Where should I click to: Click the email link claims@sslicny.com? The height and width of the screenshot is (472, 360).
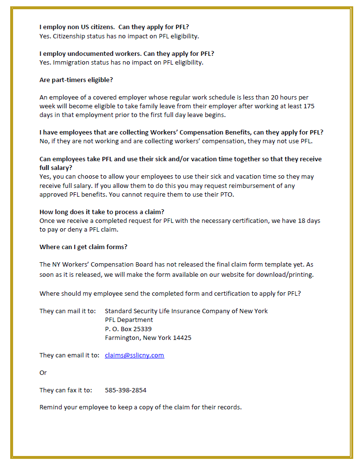[x=134, y=355]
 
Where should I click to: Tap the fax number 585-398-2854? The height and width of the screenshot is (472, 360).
[x=126, y=390]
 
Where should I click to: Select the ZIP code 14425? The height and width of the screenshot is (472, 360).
[x=182, y=337]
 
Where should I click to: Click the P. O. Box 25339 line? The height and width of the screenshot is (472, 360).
[x=128, y=329]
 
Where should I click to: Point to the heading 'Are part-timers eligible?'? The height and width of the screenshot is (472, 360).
[x=76, y=80]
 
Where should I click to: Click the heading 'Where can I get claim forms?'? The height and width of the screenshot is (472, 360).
[x=83, y=247]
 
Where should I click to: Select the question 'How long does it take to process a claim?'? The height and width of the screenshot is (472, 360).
[x=102, y=212]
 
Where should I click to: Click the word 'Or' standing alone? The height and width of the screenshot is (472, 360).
[x=43, y=373]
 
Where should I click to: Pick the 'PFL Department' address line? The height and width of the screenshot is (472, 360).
[x=129, y=320]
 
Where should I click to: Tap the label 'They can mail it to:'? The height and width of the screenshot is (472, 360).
[x=67, y=311]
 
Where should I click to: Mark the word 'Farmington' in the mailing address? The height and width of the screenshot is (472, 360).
[x=122, y=337]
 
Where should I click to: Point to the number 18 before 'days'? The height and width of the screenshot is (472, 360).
[x=304, y=221]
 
